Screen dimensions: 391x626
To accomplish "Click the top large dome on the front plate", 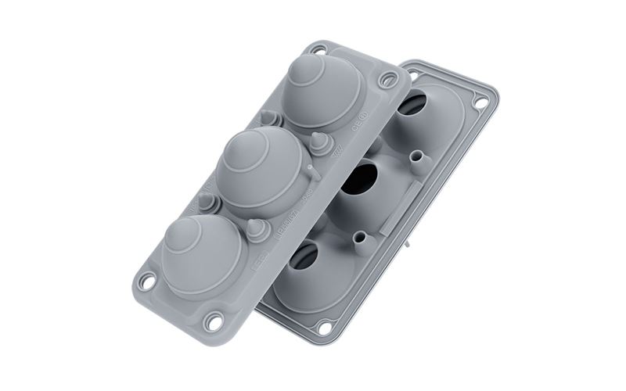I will click(322, 92).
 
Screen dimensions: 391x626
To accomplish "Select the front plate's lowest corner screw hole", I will click(213, 321).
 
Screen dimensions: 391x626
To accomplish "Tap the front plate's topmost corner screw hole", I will click(318, 49).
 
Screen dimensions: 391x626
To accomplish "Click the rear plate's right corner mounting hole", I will click(480, 102).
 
